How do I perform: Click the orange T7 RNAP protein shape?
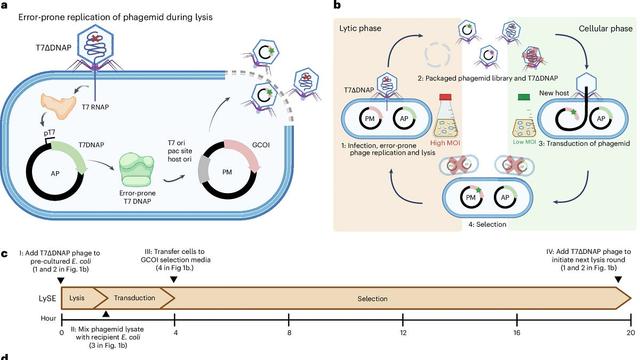[58, 105]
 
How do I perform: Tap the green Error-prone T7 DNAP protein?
[137, 171]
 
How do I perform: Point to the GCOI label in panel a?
[261, 144]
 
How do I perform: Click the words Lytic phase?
[360, 28]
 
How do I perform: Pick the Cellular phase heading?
[605, 29]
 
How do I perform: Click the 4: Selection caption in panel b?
[487, 224]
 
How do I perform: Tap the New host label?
[554, 93]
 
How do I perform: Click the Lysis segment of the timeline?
[77, 298]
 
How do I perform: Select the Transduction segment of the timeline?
[134, 298]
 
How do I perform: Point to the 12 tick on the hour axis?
[403, 319]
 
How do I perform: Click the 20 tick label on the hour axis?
[631, 333]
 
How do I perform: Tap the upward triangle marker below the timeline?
[106, 314]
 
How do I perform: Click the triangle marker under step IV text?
[618, 280]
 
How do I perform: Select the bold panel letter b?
[337, 5]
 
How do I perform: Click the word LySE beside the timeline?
[47, 298]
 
